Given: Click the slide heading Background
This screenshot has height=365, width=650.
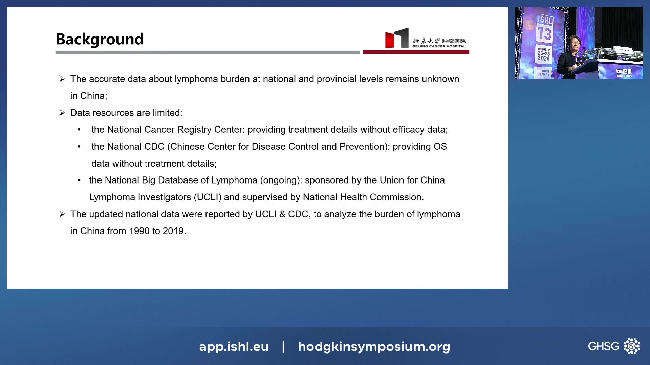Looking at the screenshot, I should pos(100,39).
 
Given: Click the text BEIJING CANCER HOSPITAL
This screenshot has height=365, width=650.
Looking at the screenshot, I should pos(439,46).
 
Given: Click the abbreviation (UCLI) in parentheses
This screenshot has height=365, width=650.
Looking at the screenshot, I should pos(208,197).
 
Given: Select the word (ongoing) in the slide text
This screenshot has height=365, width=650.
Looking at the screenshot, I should pos(281,180).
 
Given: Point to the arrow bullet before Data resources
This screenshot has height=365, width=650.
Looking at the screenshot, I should pos(62,113).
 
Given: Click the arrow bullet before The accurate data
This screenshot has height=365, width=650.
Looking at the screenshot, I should pos(62,79).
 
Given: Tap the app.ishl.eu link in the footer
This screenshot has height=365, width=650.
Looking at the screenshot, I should pos(234,347).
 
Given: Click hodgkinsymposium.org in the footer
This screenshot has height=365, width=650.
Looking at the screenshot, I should pos(374,347).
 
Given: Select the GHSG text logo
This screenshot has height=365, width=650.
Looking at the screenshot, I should pos(603,346).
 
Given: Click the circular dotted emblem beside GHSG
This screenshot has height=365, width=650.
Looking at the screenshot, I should pos(632,346).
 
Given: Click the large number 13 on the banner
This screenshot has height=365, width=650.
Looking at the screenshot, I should pos(544,34).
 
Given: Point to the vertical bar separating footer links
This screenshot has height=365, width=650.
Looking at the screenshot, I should pos(283,347).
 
